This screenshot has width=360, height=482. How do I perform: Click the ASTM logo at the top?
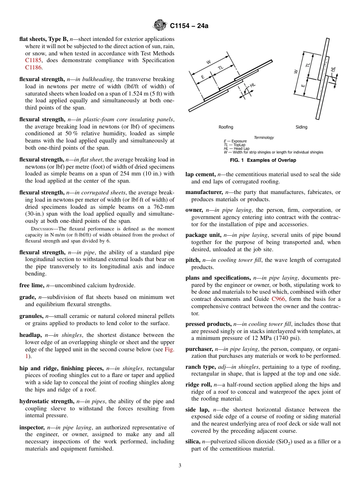(x=160, y=26)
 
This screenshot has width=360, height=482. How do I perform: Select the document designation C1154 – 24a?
(x=189, y=26)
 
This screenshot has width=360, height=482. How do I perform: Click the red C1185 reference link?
(x=33, y=60)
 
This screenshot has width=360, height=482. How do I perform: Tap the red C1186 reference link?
(x=33, y=67)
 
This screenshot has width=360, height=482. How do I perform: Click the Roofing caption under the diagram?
(x=226, y=127)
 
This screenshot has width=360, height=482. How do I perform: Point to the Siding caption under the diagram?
(x=301, y=127)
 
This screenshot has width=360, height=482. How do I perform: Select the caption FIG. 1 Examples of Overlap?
(x=263, y=160)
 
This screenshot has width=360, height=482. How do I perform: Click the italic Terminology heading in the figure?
(x=264, y=138)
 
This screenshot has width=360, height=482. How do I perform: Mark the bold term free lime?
(x=31, y=285)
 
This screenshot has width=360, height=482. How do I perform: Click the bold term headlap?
(x=31, y=335)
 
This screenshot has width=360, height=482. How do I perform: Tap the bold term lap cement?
(x=200, y=174)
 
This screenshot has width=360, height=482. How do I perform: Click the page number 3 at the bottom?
(x=180, y=466)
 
